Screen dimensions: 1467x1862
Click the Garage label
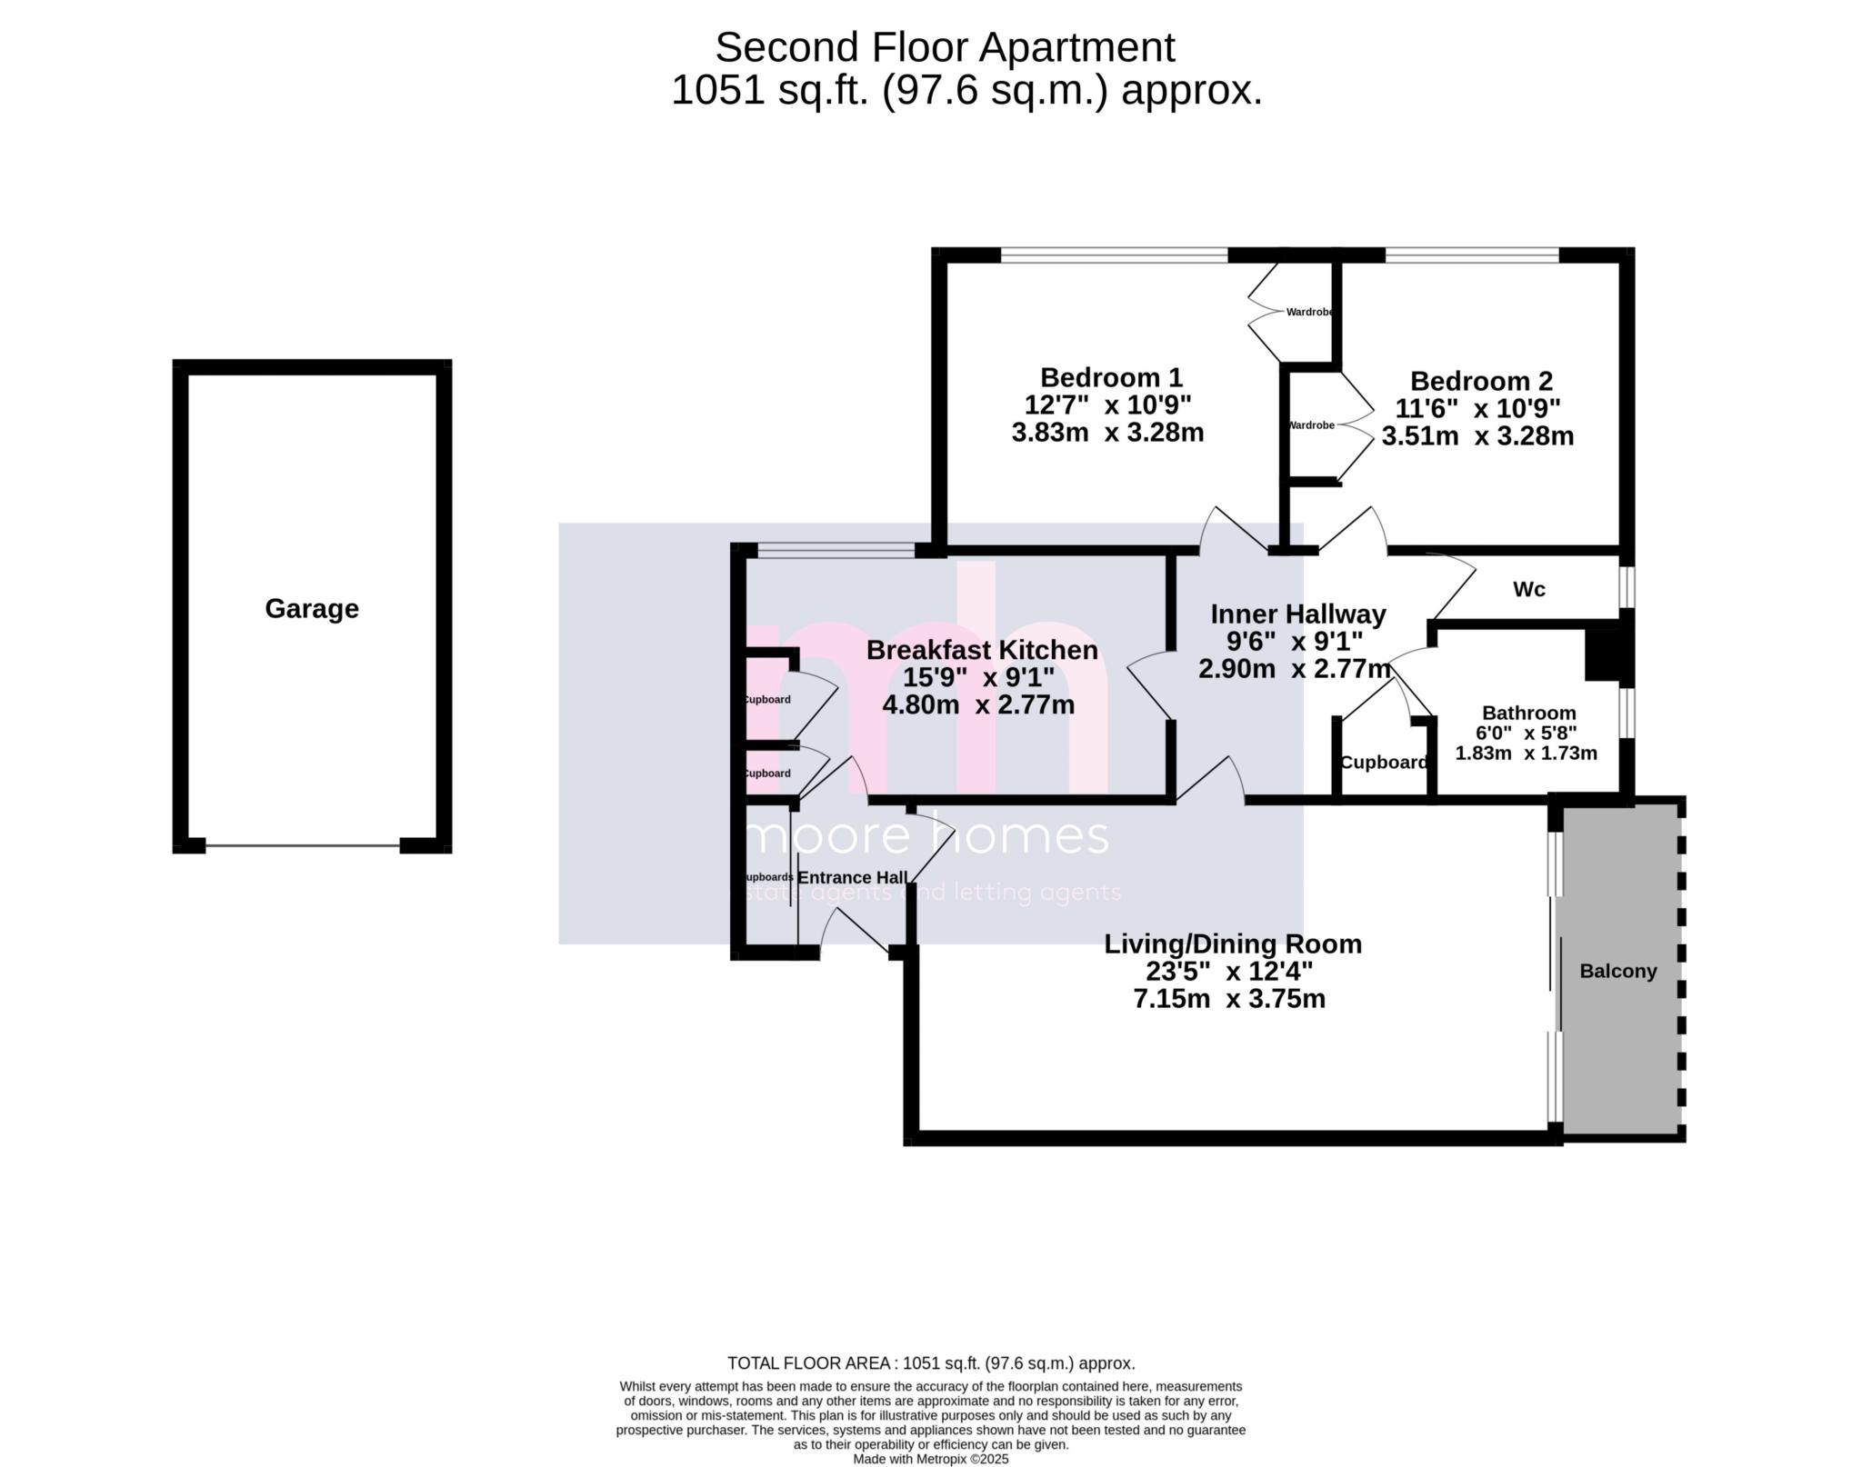click(x=312, y=608)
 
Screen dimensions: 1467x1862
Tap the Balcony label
click(x=1617, y=971)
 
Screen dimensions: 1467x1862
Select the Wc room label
click(x=1528, y=589)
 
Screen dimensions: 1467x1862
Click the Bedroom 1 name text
click(x=1111, y=377)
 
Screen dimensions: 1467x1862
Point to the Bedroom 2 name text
click(x=1481, y=381)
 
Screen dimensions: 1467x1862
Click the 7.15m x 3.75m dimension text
click(x=1229, y=999)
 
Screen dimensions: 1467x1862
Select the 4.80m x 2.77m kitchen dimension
click(x=978, y=704)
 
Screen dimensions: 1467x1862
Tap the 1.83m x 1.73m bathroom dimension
click(x=1526, y=753)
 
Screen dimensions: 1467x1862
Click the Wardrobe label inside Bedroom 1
click(x=1309, y=312)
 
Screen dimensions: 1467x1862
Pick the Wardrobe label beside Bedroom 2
click(x=1310, y=424)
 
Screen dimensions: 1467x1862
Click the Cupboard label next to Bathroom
click(x=1383, y=763)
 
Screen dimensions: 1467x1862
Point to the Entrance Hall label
click(x=852, y=877)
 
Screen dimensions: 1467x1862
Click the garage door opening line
click(x=302, y=846)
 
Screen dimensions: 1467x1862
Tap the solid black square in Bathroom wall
click(x=1603, y=654)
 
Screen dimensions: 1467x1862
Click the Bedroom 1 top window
click(x=1114, y=255)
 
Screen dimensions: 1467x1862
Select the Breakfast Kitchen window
click(x=836, y=549)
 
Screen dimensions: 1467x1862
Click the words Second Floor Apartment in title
click(x=945, y=47)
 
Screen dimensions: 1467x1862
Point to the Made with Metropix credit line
click(x=930, y=1459)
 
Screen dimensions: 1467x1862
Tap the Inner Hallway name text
click(x=1297, y=614)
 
